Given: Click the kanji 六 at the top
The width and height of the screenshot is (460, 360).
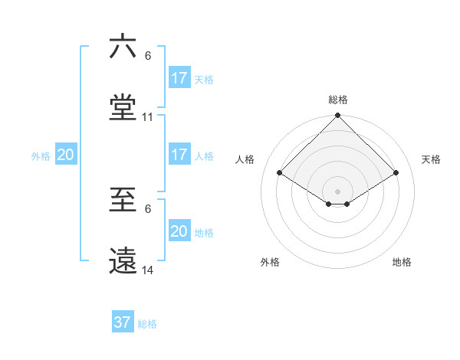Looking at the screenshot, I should pos(123,47).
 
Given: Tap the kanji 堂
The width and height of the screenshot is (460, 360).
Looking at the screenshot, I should pos(123,108).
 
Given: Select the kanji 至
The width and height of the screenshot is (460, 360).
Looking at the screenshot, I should pos(123,200).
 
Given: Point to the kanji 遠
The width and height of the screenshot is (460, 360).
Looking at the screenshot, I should pos(123,261).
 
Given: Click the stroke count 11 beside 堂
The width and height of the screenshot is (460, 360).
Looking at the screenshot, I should pos(148,117).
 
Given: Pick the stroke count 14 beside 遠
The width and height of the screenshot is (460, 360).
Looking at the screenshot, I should pos(148,270).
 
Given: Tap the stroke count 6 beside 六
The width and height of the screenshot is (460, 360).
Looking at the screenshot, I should pos(148,56).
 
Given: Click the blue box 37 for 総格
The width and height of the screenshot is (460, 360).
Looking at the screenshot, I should pos(123,322).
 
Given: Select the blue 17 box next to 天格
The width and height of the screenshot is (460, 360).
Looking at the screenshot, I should pos(179,78).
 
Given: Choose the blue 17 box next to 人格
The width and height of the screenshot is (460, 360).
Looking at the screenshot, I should pos(179,155).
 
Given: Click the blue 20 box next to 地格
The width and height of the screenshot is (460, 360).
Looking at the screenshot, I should pos(179,231).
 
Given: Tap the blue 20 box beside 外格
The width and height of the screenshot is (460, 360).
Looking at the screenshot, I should pos(66,155).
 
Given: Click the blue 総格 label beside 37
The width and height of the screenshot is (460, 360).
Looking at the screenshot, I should pos(147,324).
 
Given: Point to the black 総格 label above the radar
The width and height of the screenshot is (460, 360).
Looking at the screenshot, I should pos(338,100).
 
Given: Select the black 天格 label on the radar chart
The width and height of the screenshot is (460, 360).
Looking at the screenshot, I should pos(431,159).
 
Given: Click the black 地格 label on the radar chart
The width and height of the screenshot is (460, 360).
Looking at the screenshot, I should pos(402,262).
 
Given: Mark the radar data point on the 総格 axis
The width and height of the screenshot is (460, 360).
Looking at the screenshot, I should pos(338,116).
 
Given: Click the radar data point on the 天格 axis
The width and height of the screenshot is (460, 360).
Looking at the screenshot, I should pos(396,173).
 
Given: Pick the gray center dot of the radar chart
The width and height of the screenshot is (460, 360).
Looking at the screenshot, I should pos(338,191).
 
